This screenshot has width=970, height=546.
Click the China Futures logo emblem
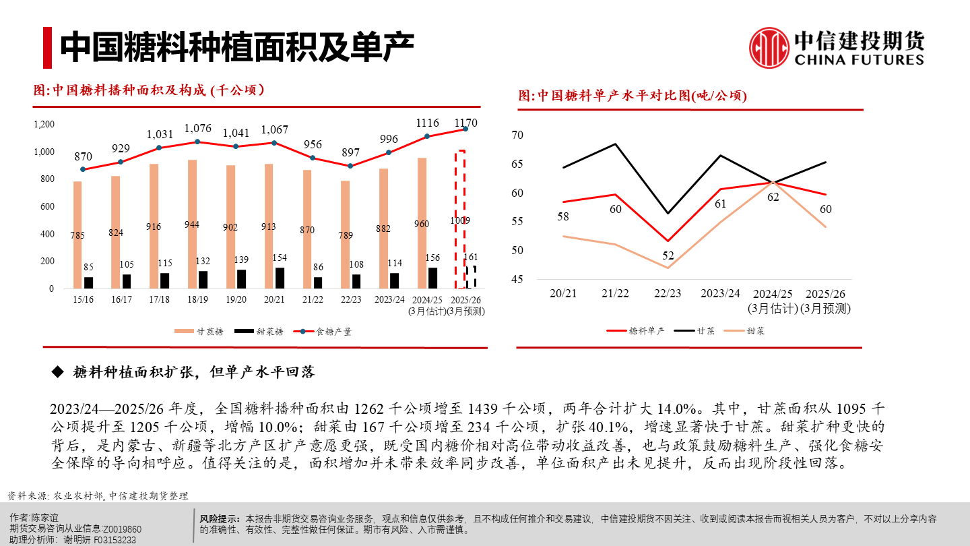769,48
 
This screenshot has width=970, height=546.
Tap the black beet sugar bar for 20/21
280,278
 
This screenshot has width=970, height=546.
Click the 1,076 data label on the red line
197,128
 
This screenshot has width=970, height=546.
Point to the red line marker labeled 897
350,166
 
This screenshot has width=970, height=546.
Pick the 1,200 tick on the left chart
44,125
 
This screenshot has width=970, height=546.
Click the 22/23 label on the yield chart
668,294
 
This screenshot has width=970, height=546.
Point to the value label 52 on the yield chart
668,256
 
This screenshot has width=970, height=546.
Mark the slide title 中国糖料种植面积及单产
236,46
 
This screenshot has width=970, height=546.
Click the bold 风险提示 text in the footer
220,518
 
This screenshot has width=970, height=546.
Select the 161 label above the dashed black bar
472,257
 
